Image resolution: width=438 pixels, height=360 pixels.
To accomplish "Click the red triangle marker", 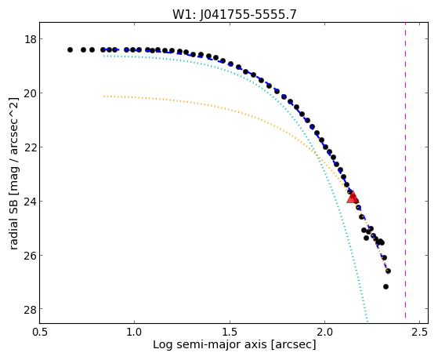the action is coord(353,197).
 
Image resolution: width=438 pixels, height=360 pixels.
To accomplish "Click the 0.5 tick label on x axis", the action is coord(40,333).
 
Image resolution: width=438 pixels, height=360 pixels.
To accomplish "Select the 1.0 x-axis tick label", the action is coord(135,333).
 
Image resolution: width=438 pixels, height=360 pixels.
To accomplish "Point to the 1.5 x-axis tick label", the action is coord(230,333).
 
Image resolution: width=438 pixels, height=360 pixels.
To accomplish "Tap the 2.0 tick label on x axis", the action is coord(324,333).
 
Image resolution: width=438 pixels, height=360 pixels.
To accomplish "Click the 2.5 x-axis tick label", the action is coord(419,333).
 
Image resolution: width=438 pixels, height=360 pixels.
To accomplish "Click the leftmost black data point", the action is coord(70,49).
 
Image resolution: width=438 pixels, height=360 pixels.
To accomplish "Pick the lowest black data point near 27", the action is coord(386,287).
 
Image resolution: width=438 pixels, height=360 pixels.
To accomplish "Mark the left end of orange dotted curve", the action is coord(104,96).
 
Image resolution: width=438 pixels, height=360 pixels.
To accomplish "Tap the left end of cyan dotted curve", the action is coord(104,56).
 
